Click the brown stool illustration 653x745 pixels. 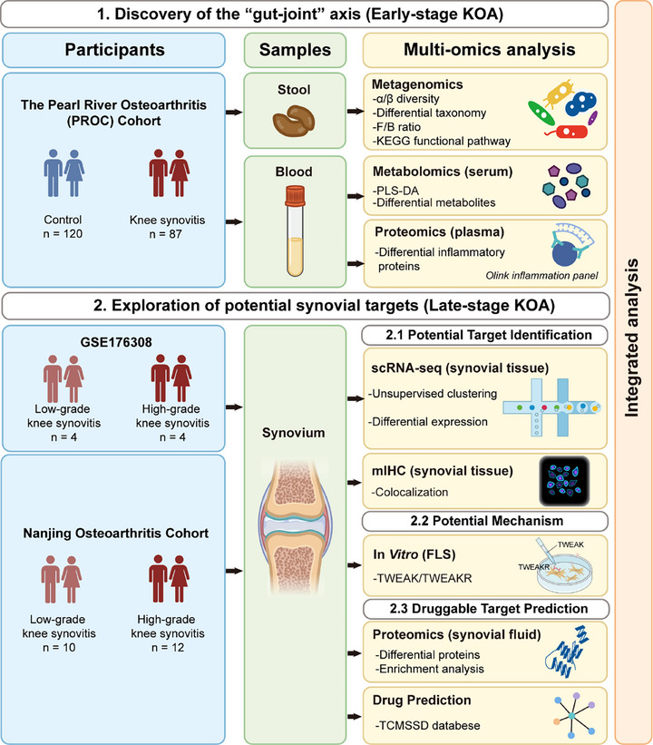(294, 121)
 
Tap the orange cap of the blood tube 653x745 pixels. (295, 196)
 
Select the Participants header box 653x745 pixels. (114, 50)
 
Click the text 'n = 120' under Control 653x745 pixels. (63, 234)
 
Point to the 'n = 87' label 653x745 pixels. (165, 234)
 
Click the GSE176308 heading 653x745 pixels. (116, 342)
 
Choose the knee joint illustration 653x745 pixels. (295, 527)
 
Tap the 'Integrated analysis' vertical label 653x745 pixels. (631, 338)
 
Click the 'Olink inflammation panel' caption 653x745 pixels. (541, 276)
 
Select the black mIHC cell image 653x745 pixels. (565, 481)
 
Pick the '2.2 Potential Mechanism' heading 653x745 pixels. (487, 521)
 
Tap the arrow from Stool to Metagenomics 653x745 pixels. (356, 112)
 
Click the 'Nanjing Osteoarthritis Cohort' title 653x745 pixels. (116, 533)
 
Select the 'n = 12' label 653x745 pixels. (168, 647)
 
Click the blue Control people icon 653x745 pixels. (64, 173)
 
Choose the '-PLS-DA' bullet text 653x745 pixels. (395, 191)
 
